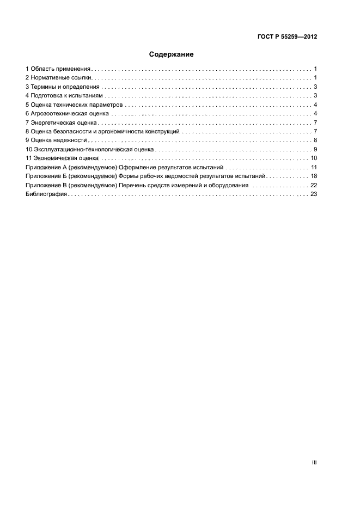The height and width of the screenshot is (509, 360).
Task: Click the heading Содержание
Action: [x=172, y=54]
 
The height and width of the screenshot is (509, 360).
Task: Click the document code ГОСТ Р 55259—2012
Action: [x=287, y=37]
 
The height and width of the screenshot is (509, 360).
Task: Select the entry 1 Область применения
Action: [x=58, y=69]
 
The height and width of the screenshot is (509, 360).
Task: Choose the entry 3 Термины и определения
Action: [x=62, y=87]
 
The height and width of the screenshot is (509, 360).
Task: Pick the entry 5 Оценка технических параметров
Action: [x=74, y=105]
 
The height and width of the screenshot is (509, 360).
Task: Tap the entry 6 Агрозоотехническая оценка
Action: [x=67, y=114]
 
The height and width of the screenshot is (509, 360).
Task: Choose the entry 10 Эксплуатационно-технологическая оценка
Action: [x=89, y=149]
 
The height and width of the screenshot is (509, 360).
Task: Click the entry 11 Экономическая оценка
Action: [x=62, y=158]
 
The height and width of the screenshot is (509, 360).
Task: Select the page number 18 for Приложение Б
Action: [x=314, y=176]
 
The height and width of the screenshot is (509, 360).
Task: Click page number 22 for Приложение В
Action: [x=314, y=185]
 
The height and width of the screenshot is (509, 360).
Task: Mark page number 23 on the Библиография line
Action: [x=314, y=194]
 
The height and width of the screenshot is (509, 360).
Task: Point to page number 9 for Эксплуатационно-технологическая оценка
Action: [x=315, y=149]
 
